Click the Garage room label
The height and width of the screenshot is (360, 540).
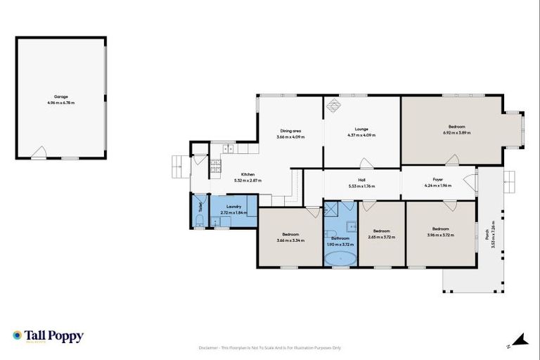[61, 97]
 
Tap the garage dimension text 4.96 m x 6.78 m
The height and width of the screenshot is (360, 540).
[61, 103]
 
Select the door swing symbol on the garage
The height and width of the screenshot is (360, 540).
[41, 153]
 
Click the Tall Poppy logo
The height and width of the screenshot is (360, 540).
[48, 336]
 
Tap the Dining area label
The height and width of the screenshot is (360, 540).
[290, 130]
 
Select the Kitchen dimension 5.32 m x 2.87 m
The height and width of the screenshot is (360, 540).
[247, 181]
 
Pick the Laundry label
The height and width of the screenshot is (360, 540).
[234, 206]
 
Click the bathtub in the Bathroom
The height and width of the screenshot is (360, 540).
[340, 258]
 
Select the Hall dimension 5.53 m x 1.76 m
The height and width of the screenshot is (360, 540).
[361, 186]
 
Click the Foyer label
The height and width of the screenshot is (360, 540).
[437, 180]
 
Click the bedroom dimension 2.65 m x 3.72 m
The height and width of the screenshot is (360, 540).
[381, 237]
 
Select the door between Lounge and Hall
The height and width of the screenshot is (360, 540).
[366, 165]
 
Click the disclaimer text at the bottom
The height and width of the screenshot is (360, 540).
[270, 347]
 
